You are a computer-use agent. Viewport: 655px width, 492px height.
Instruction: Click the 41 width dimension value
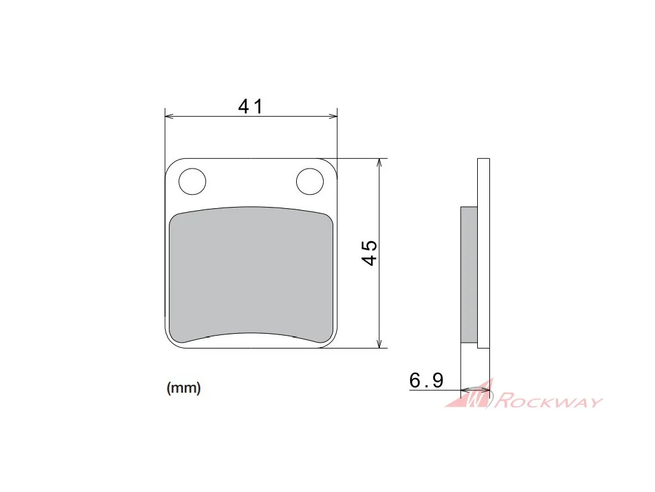250,106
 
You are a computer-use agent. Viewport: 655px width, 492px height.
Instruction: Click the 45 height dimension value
369,252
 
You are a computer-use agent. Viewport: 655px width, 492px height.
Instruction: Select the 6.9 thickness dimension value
426,381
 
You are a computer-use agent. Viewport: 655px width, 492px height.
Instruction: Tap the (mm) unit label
184,388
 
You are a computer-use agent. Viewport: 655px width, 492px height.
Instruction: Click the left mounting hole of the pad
192,181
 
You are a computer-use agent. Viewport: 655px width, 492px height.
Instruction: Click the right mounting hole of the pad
310,181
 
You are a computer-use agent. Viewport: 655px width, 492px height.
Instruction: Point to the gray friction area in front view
251,275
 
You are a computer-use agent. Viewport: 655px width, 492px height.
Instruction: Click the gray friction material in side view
469,275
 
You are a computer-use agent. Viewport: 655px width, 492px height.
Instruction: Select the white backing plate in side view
484,253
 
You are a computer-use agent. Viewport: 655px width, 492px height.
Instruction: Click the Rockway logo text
549,400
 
